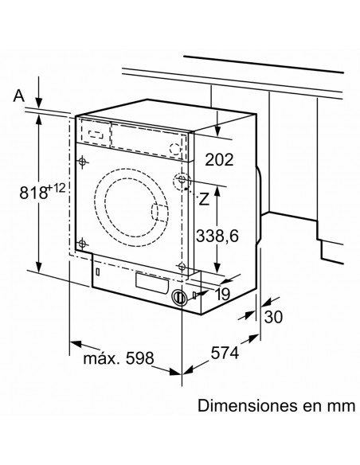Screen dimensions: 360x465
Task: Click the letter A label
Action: (18, 96)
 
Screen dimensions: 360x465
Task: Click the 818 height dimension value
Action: (33, 192)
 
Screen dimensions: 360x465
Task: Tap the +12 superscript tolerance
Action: (57, 188)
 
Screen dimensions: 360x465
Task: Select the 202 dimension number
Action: (220, 159)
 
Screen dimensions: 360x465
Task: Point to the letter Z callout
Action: (204, 199)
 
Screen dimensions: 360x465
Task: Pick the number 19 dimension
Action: (222, 294)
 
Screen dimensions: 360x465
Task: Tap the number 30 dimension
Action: (273, 317)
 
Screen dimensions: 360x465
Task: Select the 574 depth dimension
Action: (225, 353)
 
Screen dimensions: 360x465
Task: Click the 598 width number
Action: (140, 358)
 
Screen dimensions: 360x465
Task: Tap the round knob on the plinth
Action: (179, 297)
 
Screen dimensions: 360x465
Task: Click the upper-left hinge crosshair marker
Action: (82, 162)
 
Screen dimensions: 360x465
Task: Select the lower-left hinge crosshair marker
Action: (82, 244)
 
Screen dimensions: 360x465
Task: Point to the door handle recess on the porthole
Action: (159, 213)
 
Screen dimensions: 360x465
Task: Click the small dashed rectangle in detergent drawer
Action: (96, 134)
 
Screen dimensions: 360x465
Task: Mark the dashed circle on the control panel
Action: (175, 149)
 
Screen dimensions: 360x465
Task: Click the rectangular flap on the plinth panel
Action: (152, 283)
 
